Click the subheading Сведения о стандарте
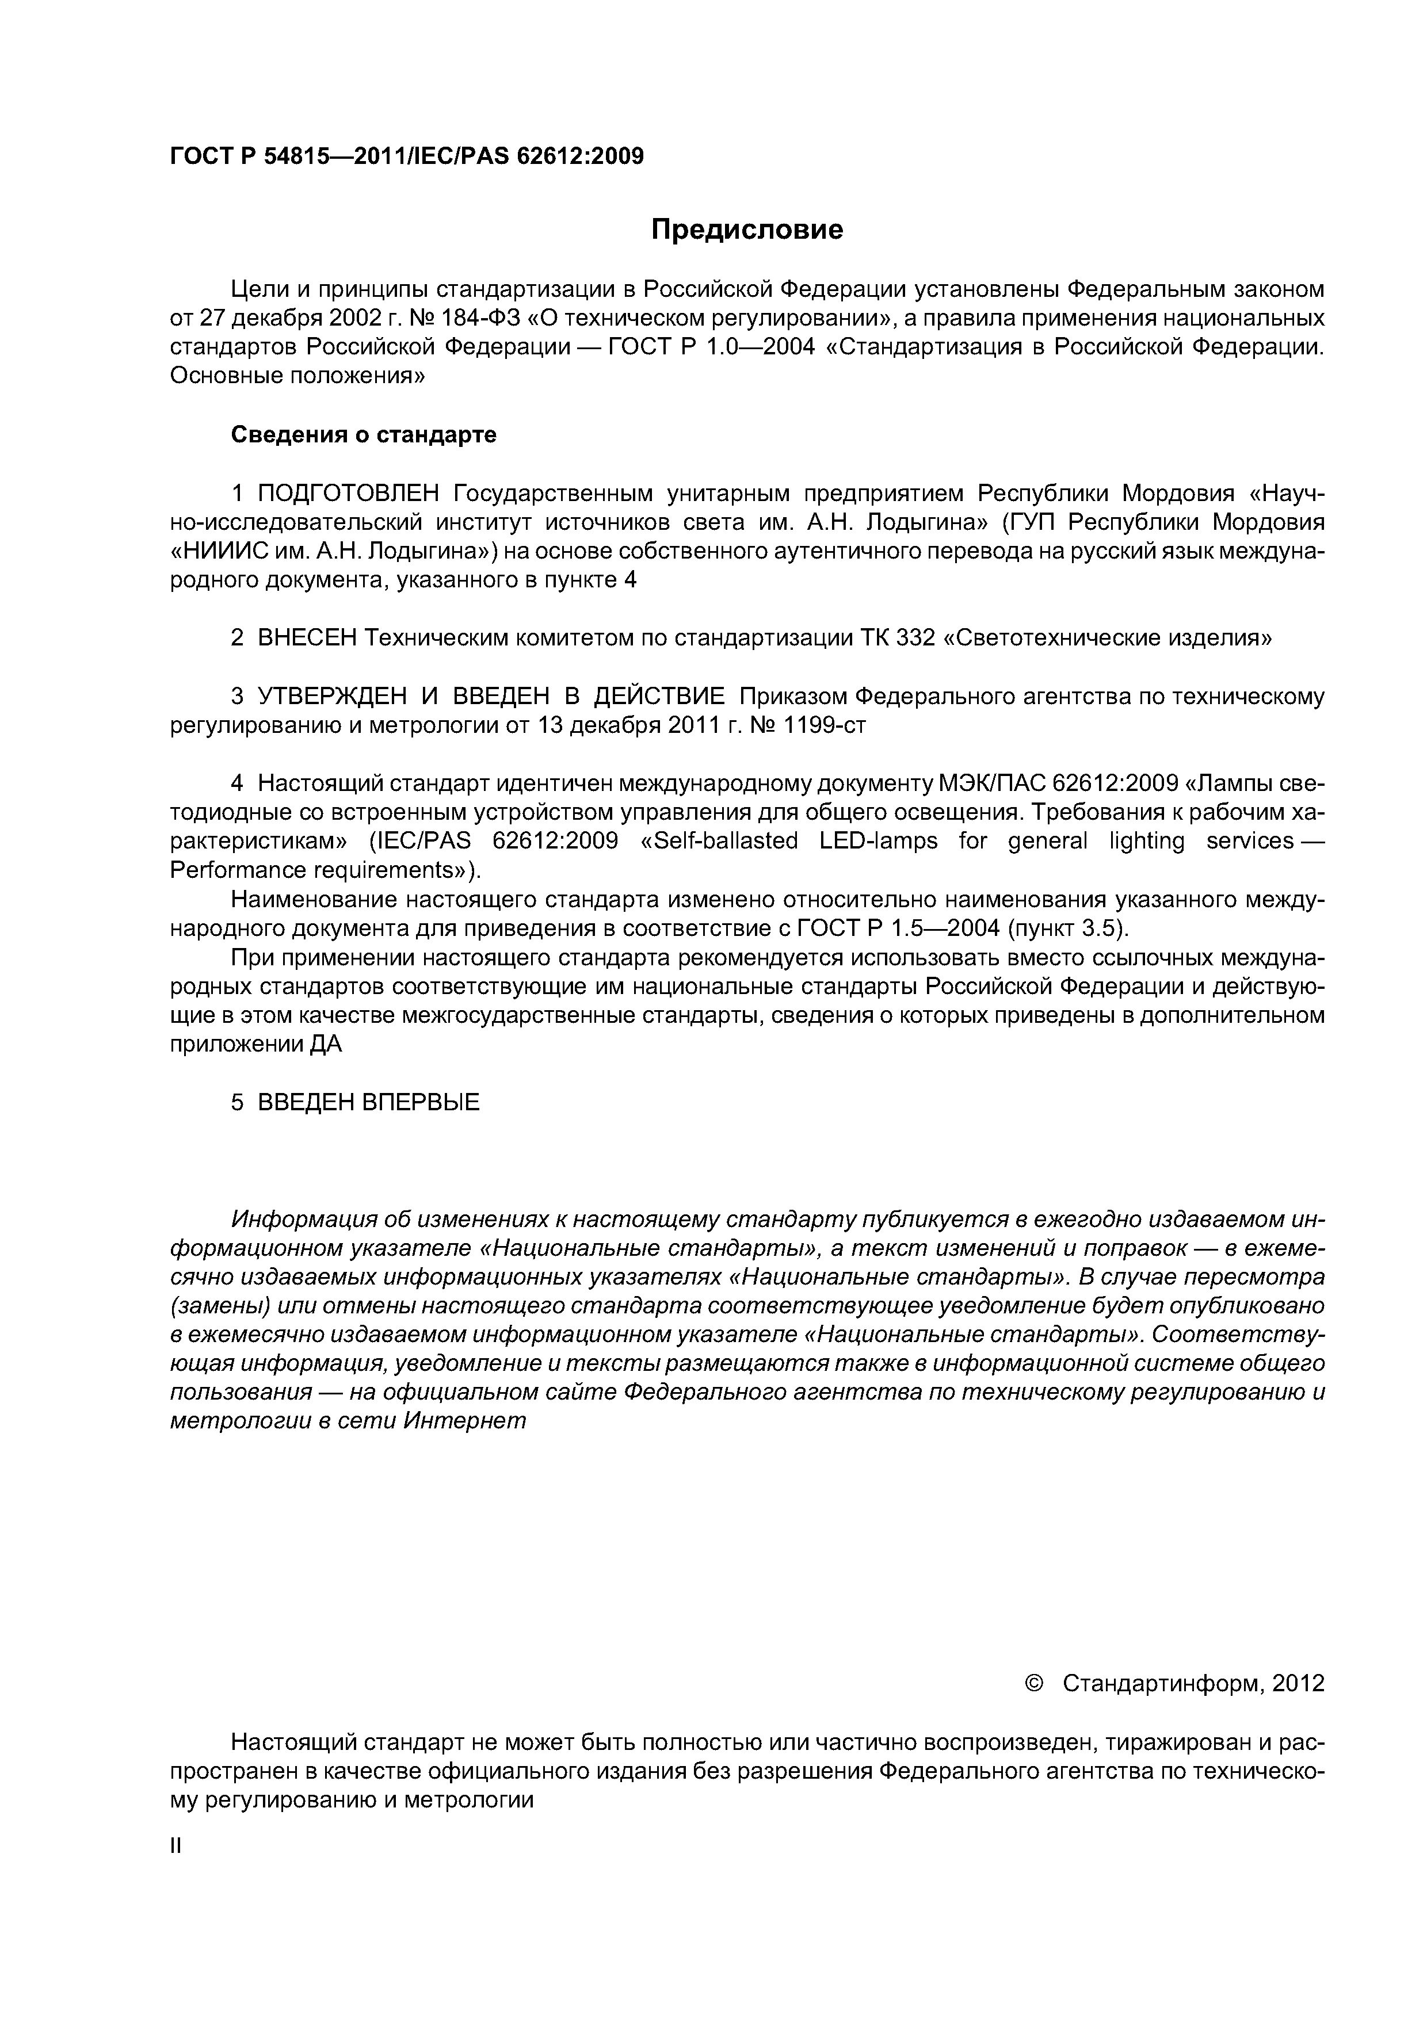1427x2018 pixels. [363, 434]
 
